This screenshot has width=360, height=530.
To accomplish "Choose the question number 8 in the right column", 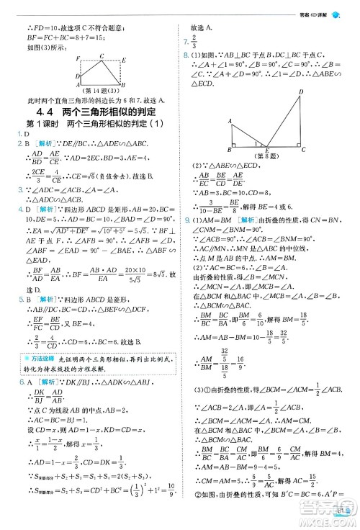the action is [x=186, y=55].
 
